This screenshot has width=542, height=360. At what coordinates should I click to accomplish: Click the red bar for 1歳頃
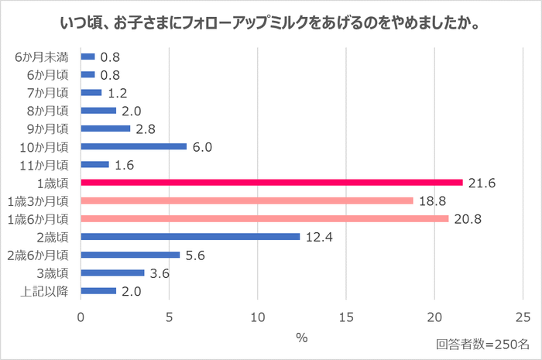(271, 183)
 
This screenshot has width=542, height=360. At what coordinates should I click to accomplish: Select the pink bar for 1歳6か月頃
(264, 218)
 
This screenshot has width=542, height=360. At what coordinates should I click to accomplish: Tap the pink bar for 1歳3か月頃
(247, 201)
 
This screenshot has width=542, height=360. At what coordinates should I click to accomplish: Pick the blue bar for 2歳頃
(190, 236)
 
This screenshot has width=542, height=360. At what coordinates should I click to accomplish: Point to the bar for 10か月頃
(133, 146)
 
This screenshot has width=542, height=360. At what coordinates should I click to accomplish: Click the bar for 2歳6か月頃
(130, 255)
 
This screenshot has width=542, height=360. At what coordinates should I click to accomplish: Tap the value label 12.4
(320, 236)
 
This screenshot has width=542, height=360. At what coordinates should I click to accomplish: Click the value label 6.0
(204, 146)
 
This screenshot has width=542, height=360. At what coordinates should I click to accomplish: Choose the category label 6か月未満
(44, 57)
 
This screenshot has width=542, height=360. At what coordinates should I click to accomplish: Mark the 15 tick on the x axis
(346, 316)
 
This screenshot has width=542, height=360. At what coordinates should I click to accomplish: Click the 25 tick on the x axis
(523, 316)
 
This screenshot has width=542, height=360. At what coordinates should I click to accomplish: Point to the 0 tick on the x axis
(81, 316)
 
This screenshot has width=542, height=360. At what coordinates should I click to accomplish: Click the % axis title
(302, 338)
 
